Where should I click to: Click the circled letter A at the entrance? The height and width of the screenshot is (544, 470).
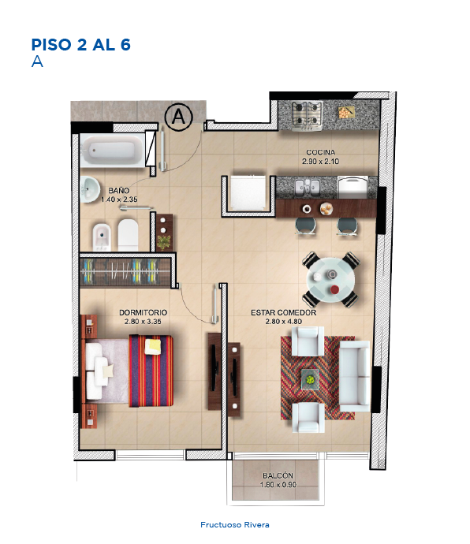pos(178,117)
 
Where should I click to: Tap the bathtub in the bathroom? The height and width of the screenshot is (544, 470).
pos(112,151)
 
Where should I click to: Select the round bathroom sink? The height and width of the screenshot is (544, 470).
pos(90,189)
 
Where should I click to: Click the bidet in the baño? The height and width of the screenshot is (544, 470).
pos(102,237)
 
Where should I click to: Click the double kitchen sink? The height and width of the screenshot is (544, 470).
pos(307,187)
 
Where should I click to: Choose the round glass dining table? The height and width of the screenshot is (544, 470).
pos(330,280)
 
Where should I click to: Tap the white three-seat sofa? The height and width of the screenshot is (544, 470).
pos(354,376)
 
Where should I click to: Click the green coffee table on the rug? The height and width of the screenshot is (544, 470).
pos(310,379)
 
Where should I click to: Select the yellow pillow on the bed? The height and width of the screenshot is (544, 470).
pos(153,347)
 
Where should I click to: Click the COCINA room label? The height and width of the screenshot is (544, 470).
pos(320,152)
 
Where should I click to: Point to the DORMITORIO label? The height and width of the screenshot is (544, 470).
pos(143,312)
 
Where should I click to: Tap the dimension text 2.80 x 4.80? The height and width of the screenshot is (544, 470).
pos(284,322)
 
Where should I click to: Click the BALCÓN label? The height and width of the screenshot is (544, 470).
pos(278,475)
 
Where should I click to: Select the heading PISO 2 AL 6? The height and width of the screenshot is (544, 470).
pos(81,45)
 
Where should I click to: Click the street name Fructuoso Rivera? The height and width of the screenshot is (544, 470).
pos(235,525)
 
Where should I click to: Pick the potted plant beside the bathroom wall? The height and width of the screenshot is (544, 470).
pos(164,241)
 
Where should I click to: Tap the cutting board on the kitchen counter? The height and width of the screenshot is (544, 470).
pos(347,113)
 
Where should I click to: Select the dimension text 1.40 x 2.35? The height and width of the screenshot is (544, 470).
pos(119,199)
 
